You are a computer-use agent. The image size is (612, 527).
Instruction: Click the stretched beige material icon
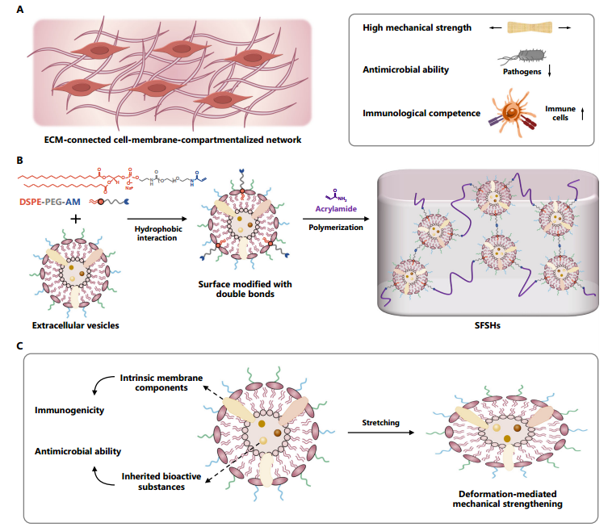[x=530, y=28]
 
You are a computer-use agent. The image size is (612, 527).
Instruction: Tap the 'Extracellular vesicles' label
[x=76, y=327]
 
